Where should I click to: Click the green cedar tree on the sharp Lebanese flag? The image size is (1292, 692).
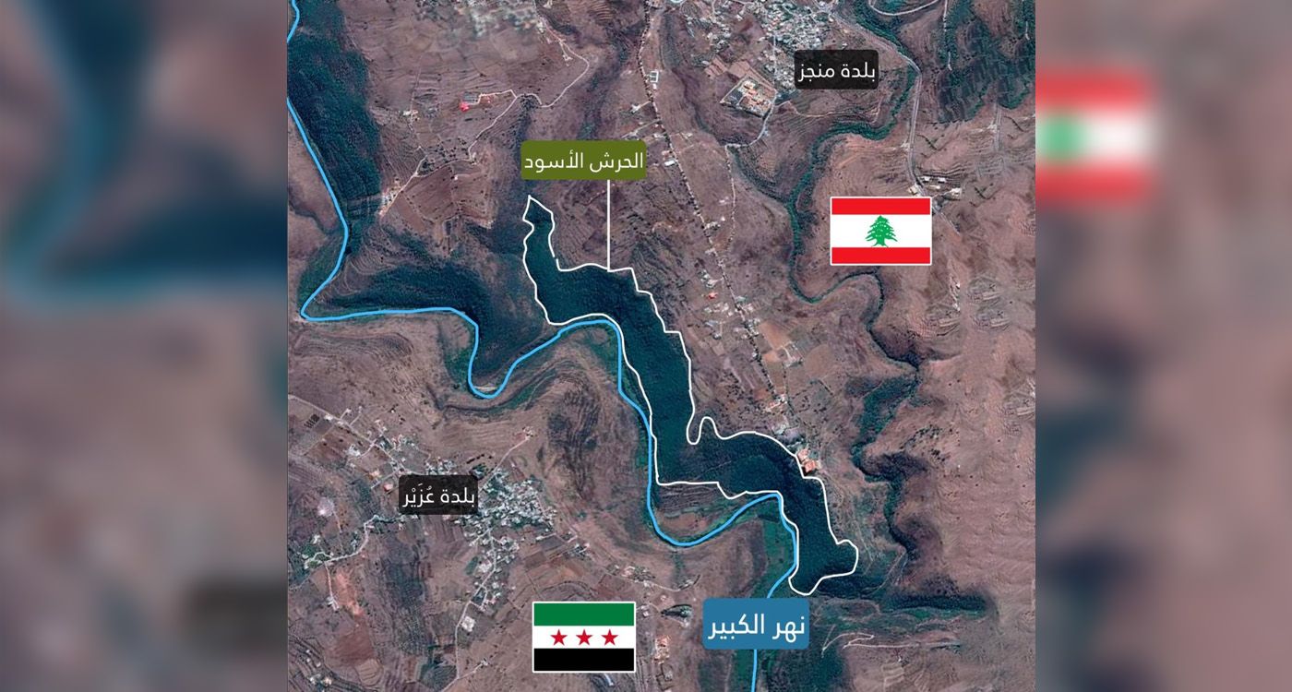pyautogui.click(x=880, y=231)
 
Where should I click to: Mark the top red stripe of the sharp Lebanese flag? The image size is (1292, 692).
pyautogui.click(x=880, y=206)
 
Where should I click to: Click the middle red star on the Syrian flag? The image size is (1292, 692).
pyautogui.click(x=583, y=638)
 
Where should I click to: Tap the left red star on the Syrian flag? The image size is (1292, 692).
pyautogui.click(x=558, y=638)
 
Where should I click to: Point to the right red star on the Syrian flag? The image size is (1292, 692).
pyautogui.click(x=609, y=638)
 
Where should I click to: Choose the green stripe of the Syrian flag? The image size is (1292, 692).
pyautogui.click(x=583, y=614)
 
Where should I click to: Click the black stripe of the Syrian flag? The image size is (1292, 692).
pyautogui.click(x=583, y=660)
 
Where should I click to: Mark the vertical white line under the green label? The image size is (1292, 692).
pyautogui.click(x=608, y=221)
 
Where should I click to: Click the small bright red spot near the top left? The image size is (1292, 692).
pyautogui.click(x=465, y=105)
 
